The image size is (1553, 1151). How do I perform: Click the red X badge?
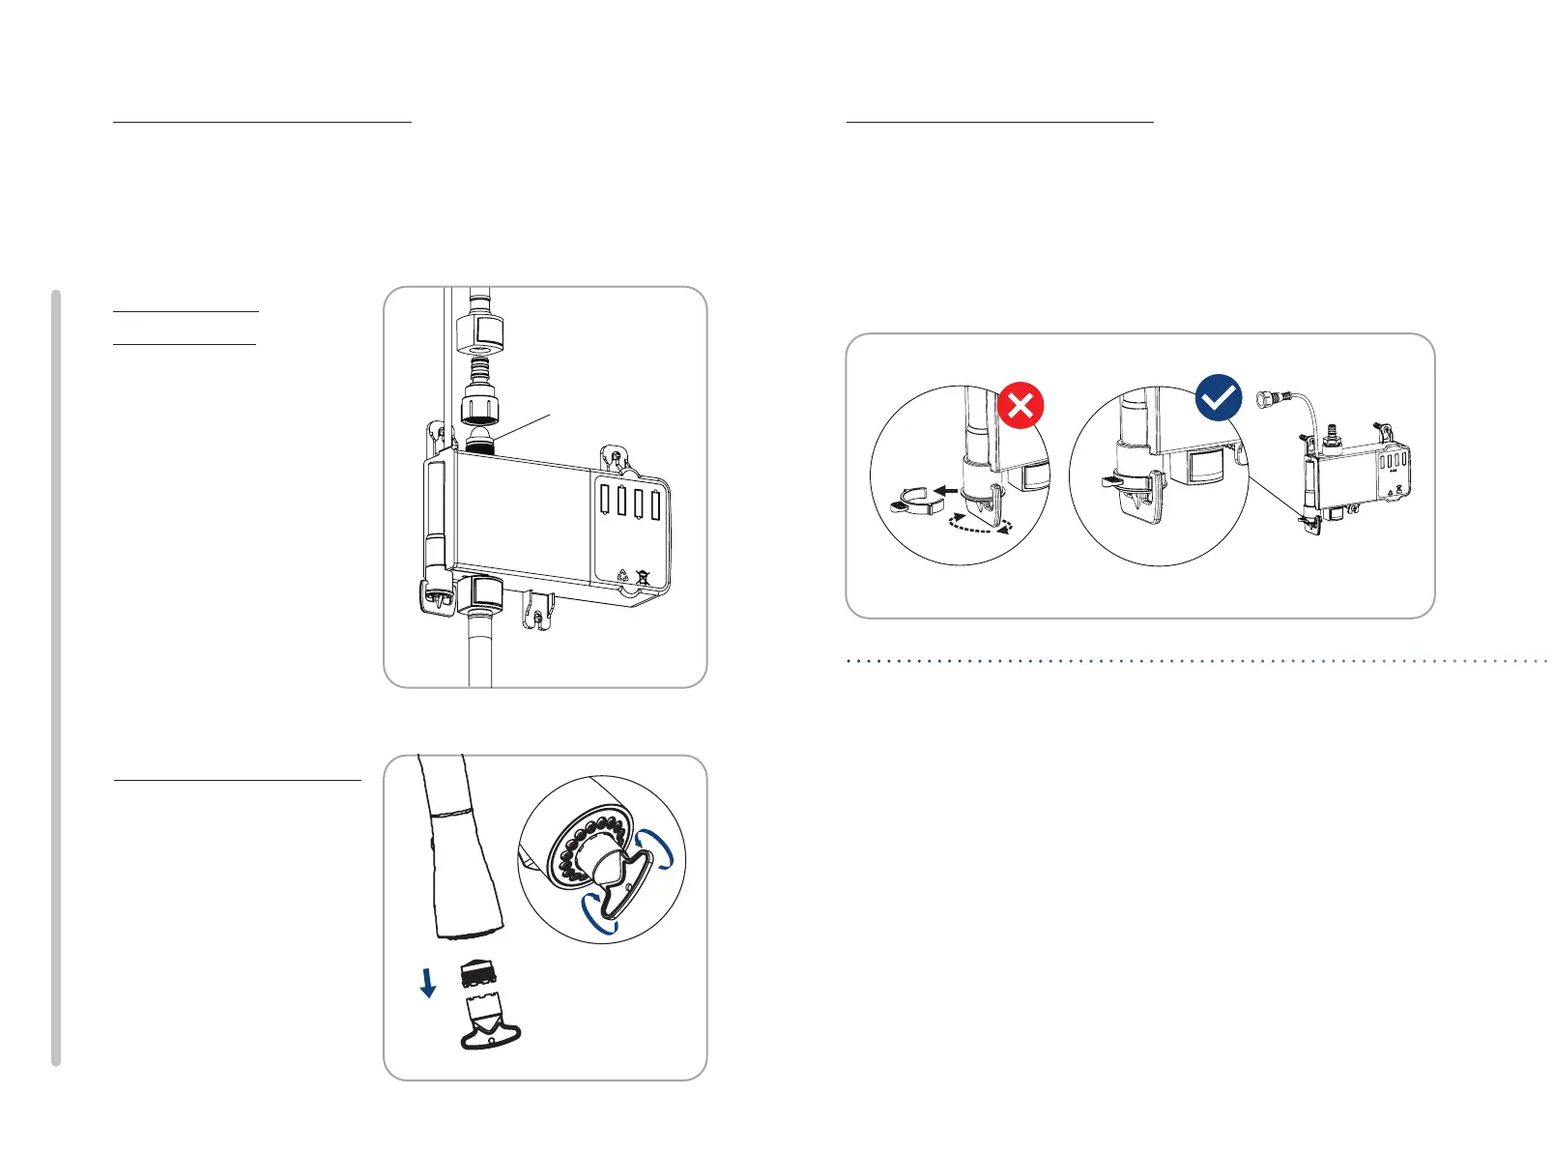click(1020, 404)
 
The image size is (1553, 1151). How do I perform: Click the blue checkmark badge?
click(1219, 398)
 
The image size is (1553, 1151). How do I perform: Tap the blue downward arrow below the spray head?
click(428, 983)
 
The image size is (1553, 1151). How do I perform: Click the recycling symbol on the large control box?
click(623, 577)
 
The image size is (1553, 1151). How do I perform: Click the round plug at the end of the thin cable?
click(1263, 398)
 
